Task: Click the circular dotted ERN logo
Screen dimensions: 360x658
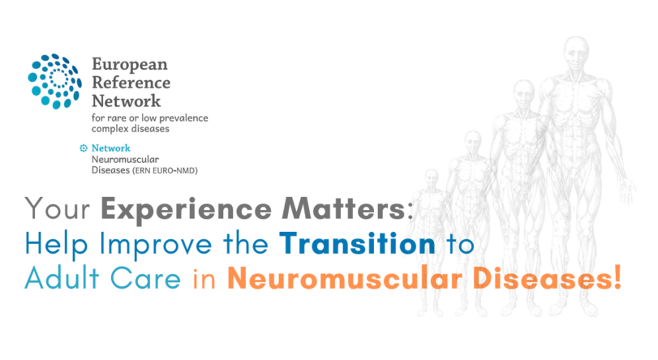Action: (56, 81)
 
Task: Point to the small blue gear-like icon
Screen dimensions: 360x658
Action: (83, 148)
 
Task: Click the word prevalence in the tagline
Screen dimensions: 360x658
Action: (179, 118)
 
